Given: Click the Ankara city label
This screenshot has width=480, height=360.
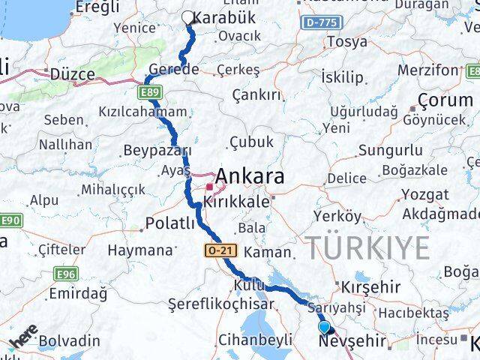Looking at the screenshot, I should (x=250, y=177).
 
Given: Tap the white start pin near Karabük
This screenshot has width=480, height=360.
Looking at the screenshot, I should (x=188, y=17).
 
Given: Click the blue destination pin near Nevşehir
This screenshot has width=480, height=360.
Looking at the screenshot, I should (x=324, y=328).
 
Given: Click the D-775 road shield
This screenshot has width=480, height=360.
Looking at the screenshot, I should (x=321, y=23).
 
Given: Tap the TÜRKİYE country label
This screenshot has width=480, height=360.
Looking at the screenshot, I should (x=367, y=247).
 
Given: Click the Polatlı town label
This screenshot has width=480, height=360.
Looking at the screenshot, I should (x=169, y=223).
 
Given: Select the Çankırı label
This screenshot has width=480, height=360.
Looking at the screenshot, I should (x=256, y=94).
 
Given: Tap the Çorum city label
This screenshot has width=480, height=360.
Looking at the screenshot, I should (x=447, y=99).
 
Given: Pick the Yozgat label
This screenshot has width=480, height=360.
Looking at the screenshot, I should (x=425, y=194).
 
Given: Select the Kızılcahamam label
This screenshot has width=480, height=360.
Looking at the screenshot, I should (x=142, y=112).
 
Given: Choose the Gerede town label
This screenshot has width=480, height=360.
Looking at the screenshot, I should (x=174, y=69).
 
